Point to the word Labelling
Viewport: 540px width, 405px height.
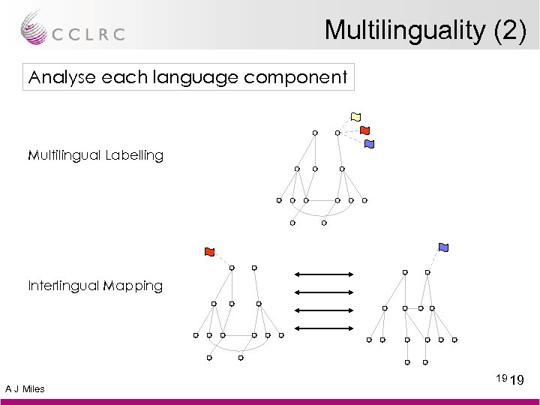[130, 156]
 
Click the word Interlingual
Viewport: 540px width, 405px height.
[62, 286]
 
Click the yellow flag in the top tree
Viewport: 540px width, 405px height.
[355, 116]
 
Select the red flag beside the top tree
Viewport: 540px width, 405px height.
[364, 130]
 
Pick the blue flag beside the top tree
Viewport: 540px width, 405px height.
[368, 143]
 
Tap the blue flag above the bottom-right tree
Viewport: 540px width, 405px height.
[443, 247]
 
